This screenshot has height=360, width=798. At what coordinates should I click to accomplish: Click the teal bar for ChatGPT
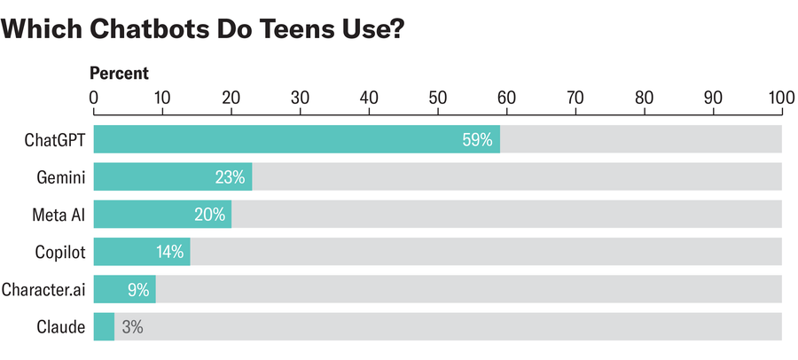296,139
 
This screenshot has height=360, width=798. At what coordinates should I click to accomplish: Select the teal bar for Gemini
172,177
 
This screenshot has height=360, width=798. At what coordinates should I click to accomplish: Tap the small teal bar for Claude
104,326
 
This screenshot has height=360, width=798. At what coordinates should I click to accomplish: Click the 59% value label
477,140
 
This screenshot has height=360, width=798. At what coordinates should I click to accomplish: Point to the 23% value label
230,177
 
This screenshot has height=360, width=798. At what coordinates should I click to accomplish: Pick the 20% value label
209,215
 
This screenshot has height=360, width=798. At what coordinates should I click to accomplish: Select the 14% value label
169,252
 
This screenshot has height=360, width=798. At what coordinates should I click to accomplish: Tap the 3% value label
132,326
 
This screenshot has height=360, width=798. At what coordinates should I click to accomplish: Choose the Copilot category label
60,252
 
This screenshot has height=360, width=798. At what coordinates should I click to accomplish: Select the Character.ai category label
43,289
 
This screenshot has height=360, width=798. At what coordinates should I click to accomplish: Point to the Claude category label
63,326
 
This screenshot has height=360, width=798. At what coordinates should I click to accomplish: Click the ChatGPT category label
57,140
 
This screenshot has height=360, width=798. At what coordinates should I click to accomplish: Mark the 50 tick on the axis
437,98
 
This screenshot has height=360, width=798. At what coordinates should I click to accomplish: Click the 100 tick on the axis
780,98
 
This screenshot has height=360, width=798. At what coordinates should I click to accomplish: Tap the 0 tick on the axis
94,98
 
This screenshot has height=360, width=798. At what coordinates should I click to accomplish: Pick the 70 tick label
575,98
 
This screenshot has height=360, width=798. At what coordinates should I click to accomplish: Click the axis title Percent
120,74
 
